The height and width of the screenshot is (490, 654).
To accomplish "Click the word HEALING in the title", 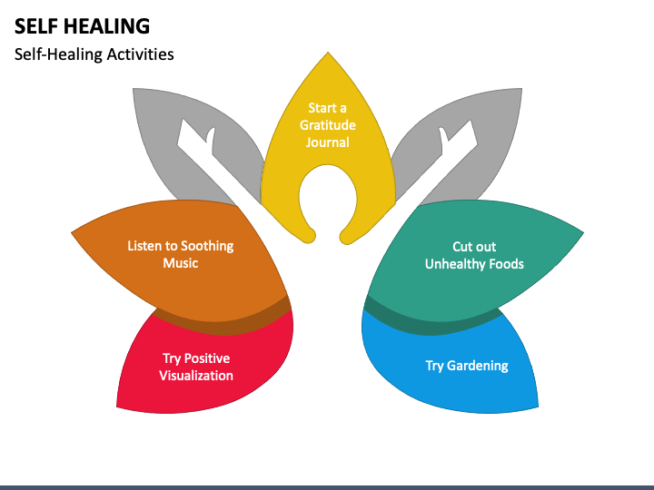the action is pyautogui.click(x=108, y=25).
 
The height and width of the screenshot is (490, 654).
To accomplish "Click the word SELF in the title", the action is pyautogui.click(x=38, y=25).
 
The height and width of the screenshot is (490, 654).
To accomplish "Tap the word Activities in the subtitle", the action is pyautogui.click(x=140, y=54).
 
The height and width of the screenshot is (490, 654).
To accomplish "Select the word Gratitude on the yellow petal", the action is pyautogui.click(x=327, y=125).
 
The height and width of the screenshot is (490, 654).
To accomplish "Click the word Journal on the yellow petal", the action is pyautogui.click(x=327, y=142).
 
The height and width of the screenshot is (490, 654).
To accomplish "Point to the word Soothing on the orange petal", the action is pyautogui.click(x=207, y=246).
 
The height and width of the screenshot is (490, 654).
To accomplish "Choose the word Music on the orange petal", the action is pyautogui.click(x=181, y=263).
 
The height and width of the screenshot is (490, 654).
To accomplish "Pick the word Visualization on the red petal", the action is pyautogui.click(x=196, y=376).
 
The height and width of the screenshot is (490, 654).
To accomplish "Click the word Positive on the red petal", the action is pyautogui.click(x=207, y=358).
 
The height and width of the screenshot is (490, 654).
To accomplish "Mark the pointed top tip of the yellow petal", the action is pyautogui.click(x=328, y=52).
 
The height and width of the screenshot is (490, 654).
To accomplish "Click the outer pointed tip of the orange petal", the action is pyautogui.click(x=72, y=233).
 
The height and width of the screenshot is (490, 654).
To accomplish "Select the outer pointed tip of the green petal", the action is pyautogui.click(x=583, y=233).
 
